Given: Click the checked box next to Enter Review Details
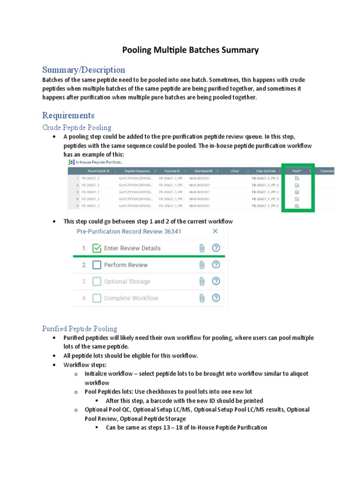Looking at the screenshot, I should [x=97, y=248].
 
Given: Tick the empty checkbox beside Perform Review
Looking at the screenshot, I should [x=97, y=265].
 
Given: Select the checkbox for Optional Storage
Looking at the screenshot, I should [x=97, y=282].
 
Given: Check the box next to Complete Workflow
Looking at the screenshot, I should [x=97, y=298].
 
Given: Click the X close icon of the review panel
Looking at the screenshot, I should [x=215, y=231].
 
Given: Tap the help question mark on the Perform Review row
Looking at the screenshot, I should [x=216, y=265].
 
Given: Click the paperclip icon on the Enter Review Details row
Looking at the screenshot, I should [x=202, y=248].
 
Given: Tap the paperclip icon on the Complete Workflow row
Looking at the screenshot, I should [x=202, y=298].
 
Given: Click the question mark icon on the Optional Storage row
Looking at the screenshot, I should [x=216, y=282].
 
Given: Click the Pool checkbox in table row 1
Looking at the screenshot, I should [x=297, y=179].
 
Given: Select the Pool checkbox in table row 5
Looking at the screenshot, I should [x=297, y=206].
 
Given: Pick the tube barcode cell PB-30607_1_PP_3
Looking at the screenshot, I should [x=265, y=192].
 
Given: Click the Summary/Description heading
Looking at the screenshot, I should [x=83, y=70].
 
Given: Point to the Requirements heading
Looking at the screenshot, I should [x=68, y=115].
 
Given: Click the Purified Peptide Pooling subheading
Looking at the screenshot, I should [x=80, y=329].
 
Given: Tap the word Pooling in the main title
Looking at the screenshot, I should [x=138, y=50].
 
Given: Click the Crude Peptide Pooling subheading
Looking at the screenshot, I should [x=77, y=127].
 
